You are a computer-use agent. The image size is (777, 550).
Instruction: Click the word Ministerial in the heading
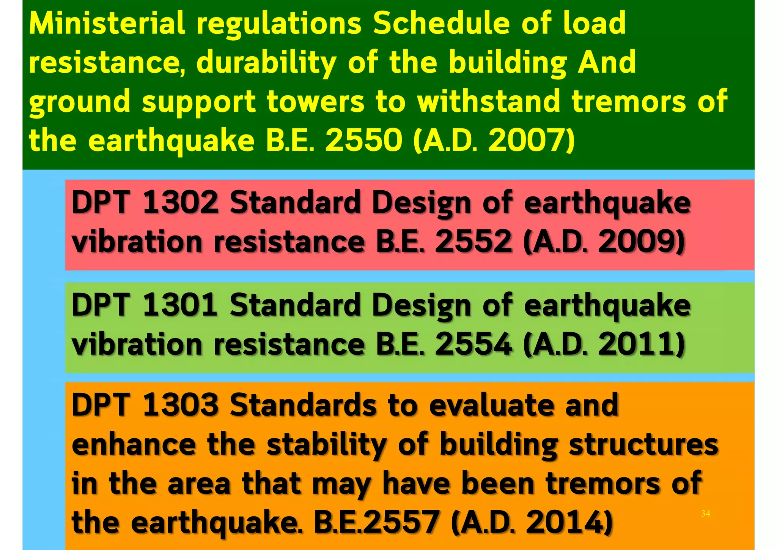click(x=107, y=24)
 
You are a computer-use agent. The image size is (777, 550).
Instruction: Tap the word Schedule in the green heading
click(x=441, y=24)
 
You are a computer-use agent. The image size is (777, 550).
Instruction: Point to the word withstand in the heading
click(x=489, y=102)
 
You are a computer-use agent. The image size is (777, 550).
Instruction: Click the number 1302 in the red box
click(x=180, y=202)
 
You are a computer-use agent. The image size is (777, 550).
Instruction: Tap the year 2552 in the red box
click(x=473, y=242)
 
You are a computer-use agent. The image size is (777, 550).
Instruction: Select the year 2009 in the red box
click(x=636, y=242)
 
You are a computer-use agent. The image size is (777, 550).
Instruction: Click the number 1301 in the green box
click(x=180, y=305)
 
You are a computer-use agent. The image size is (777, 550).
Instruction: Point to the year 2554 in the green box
click(x=473, y=344)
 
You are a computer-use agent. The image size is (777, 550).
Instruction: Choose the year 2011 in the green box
click(x=636, y=344)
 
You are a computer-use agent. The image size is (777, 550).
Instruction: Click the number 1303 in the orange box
click(x=180, y=405)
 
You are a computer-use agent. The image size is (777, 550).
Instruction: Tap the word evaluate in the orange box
click(x=491, y=406)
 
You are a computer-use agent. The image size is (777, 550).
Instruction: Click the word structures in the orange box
click(x=643, y=444)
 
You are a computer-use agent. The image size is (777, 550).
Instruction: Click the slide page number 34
click(x=705, y=514)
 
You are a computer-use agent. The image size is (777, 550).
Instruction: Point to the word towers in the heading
click(x=315, y=102)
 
